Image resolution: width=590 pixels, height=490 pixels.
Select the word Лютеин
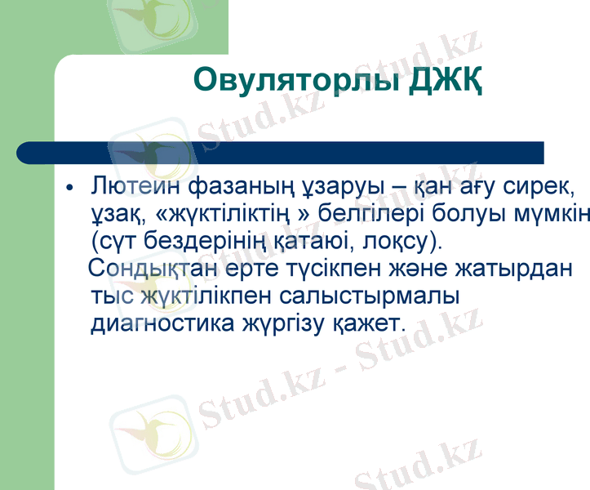136,186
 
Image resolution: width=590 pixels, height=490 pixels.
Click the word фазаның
235,186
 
